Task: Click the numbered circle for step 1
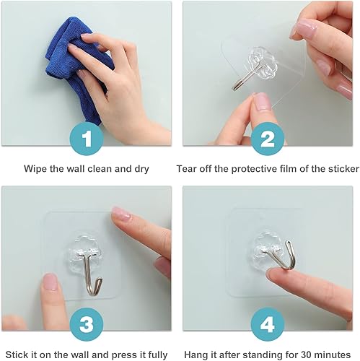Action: pyautogui.click(x=87, y=137)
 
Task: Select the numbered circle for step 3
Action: pyautogui.click(x=87, y=324)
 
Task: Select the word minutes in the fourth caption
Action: pyautogui.click(x=333, y=355)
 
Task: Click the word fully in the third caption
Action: pyautogui.click(x=156, y=355)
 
